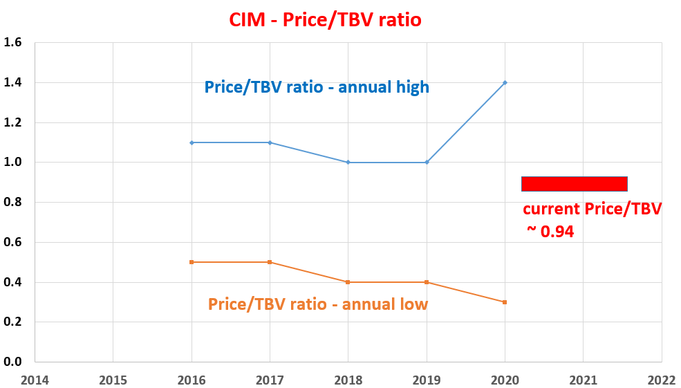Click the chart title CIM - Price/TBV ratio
tap(325, 20)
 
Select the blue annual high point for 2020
tap(505, 82)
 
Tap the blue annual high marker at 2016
tap(192, 142)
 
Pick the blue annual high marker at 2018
tap(348, 163)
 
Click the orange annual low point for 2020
tap(505, 302)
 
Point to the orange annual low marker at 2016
tap(192, 262)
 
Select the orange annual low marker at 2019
tap(427, 282)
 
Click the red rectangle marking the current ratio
tap(574, 183)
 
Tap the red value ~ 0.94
tap(550, 232)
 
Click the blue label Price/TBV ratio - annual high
tap(317, 87)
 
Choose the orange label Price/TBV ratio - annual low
tap(318, 304)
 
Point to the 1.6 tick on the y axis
tap(13, 43)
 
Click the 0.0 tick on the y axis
tap(13, 362)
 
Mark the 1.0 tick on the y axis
tap(13, 163)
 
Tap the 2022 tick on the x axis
tap(661, 380)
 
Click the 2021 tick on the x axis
tap(583, 380)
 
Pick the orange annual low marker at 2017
tap(270, 262)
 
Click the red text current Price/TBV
tap(592, 209)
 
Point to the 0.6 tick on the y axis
tap(13, 242)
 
